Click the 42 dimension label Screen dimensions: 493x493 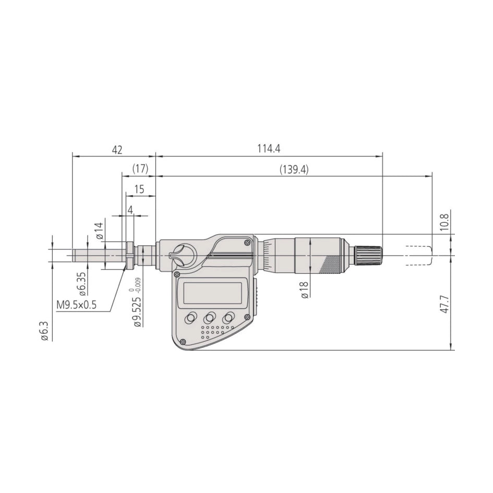pyautogui.click(x=117, y=150)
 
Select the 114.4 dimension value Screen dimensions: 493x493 pyautogui.click(x=269, y=149)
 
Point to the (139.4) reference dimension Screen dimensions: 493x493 pyautogui.click(x=294, y=170)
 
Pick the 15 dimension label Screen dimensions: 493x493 pyautogui.click(x=139, y=189)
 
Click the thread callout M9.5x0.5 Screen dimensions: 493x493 pyautogui.click(x=76, y=305)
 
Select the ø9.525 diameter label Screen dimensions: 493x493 pyautogui.click(x=136, y=308)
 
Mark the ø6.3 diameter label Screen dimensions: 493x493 pyautogui.click(x=45, y=331)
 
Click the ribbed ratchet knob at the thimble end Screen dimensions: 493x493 pyautogui.click(x=369, y=255)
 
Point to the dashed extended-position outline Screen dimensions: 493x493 pyautogui.click(x=419, y=255)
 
